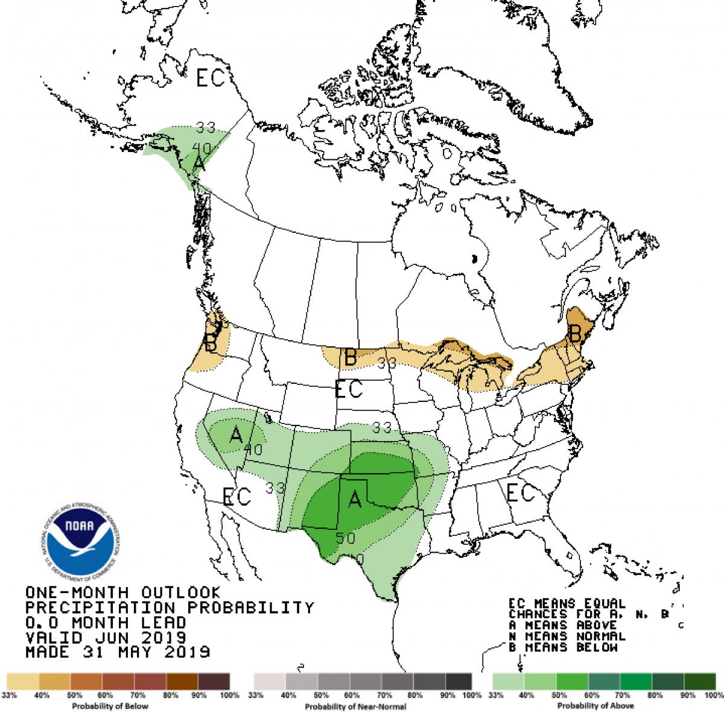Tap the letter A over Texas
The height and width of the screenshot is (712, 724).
pyautogui.click(x=355, y=498)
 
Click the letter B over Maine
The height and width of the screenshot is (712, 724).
pyautogui.click(x=575, y=332)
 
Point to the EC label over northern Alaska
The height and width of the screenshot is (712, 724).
pyautogui.click(x=209, y=78)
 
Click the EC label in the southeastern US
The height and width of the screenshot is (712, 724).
pyautogui.click(x=520, y=493)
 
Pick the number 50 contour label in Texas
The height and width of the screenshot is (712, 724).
pyautogui.click(x=346, y=538)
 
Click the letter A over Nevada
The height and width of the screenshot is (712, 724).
pyautogui.click(x=236, y=433)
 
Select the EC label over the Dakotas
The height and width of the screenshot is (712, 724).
pyautogui.click(x=349, y=389)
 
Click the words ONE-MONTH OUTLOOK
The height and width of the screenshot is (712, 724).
pyautogui.click(x=119, y=593)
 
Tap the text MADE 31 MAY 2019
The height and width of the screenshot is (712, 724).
pyautogui.click(x=118, y=652)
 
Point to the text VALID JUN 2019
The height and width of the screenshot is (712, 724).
pyautogui.click(x=106, y=637)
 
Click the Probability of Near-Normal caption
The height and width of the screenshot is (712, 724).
pyautogui.click(x=355, y=706)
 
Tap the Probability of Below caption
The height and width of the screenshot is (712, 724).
pyautogui.click(x=110, y=705)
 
